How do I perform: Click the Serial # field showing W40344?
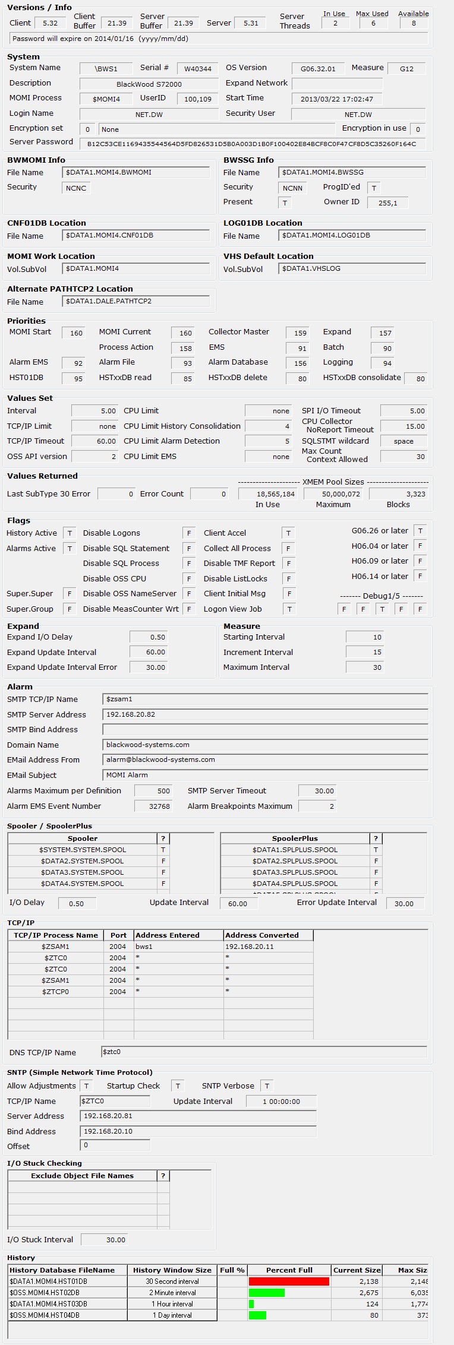coord(198,68)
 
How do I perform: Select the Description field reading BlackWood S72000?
coord(149,84)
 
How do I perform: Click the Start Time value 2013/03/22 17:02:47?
coord(336,99)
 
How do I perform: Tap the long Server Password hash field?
coord(252,144)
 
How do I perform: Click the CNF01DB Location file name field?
coord(135,236)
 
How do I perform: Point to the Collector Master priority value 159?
coord(298,333)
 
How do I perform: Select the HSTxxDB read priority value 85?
coord(183,378)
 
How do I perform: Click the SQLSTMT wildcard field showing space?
coord(403,441)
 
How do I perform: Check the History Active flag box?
coord(70,533)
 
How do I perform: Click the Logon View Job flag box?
coord(288,609)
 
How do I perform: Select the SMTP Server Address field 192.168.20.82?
coord(265,715)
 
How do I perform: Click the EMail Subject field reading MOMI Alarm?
coord(265,776)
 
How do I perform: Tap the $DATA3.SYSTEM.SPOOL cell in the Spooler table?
coord(82,872)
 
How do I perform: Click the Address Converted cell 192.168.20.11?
coord(268,947)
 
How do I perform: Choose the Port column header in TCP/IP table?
coord(118,935)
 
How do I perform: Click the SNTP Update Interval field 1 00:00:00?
coord(281,1102)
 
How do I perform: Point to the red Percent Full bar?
coord(289,1281)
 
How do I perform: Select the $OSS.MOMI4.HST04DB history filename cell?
coord(67,1315)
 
